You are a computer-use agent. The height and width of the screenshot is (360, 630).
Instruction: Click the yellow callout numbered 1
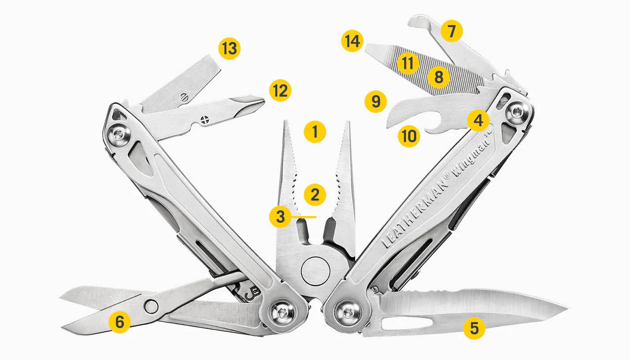[x=315, y=132]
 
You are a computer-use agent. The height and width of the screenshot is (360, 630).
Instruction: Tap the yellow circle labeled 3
[x=280, y=216]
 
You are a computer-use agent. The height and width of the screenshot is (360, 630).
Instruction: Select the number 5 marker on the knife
[x=474, y=328]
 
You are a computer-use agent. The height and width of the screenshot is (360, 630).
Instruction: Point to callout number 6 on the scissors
[x=120, y=322]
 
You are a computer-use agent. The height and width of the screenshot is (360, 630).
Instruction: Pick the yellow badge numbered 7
[x=451, y=32]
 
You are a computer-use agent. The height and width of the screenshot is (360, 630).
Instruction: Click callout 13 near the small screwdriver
[x=229, y=49]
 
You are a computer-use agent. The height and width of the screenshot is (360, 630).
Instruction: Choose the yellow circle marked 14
[x=353, y=41]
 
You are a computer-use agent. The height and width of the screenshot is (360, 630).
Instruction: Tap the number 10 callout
[x=409, y=136]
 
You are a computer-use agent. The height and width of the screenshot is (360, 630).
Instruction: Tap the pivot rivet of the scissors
[x=152, y=306]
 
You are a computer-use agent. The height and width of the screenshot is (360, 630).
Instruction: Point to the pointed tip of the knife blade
[x=566, y=310]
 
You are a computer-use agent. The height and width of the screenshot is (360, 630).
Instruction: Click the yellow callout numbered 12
[x=280, y=91]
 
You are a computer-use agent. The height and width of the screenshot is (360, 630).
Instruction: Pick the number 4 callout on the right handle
[x=478, y=120]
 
